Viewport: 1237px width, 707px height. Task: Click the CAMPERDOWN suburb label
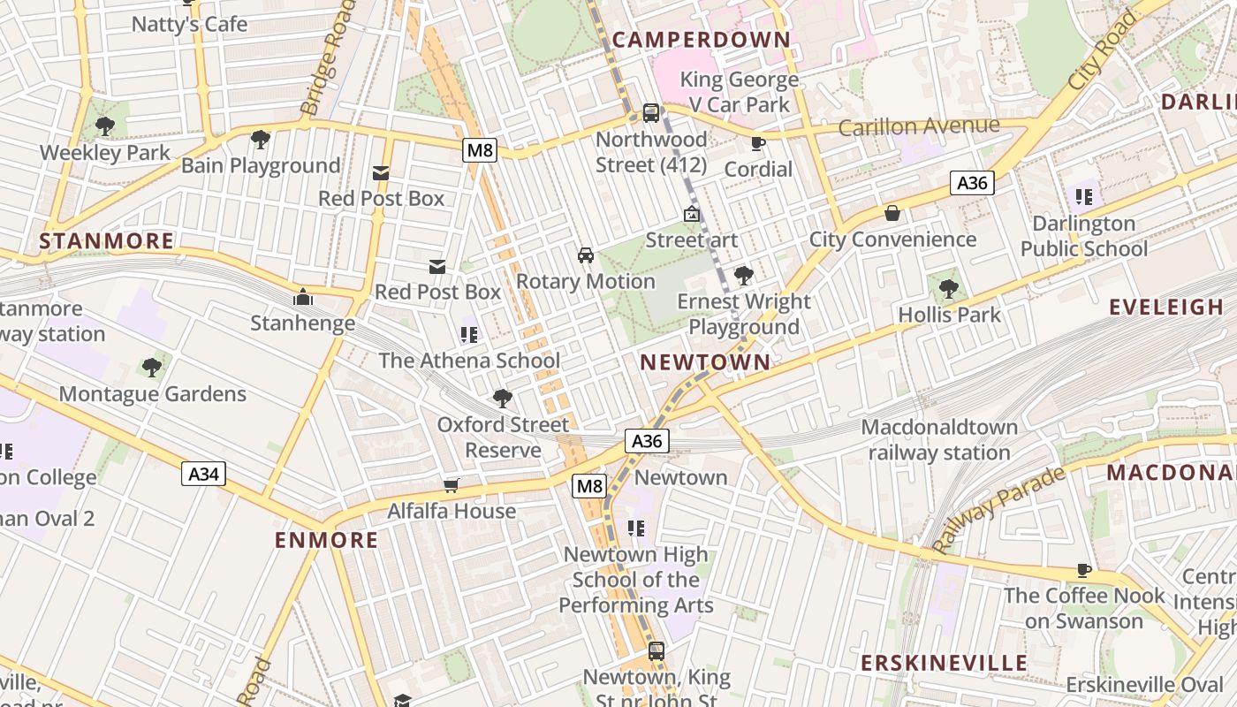tap(701, 40)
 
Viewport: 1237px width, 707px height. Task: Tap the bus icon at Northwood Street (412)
tap(651, 113)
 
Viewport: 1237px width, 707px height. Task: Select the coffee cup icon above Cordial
tap(757, 143)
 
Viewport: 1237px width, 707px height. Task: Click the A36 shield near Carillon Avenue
tap(972, 183)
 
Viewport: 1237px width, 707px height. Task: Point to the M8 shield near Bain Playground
tap(480, 150)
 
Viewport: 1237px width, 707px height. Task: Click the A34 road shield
tap(204, 474)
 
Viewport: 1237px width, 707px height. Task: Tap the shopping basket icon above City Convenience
tap(892, 213)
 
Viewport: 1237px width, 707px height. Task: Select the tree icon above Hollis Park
tap(949, 288)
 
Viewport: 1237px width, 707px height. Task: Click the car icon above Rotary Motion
tap(585, 255)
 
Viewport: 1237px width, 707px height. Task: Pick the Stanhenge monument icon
tap(303, 297)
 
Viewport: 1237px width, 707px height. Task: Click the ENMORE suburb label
tap(326, 540)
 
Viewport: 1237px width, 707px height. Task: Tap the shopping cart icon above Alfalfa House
tap(452, 484)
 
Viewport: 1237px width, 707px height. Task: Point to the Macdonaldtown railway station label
tap(939, 439)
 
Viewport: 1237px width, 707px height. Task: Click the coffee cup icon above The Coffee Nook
tap(1084, 570)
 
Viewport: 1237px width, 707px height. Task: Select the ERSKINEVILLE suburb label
tap(945, 663)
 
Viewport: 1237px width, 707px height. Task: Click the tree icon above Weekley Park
tap(104, 126)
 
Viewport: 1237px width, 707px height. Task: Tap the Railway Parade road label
tap(999, 510)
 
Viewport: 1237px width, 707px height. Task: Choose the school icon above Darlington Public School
tap(1084, 196)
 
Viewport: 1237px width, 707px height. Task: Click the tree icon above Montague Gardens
tap(152, 367)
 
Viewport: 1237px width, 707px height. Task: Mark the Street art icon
tap(691, 214)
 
